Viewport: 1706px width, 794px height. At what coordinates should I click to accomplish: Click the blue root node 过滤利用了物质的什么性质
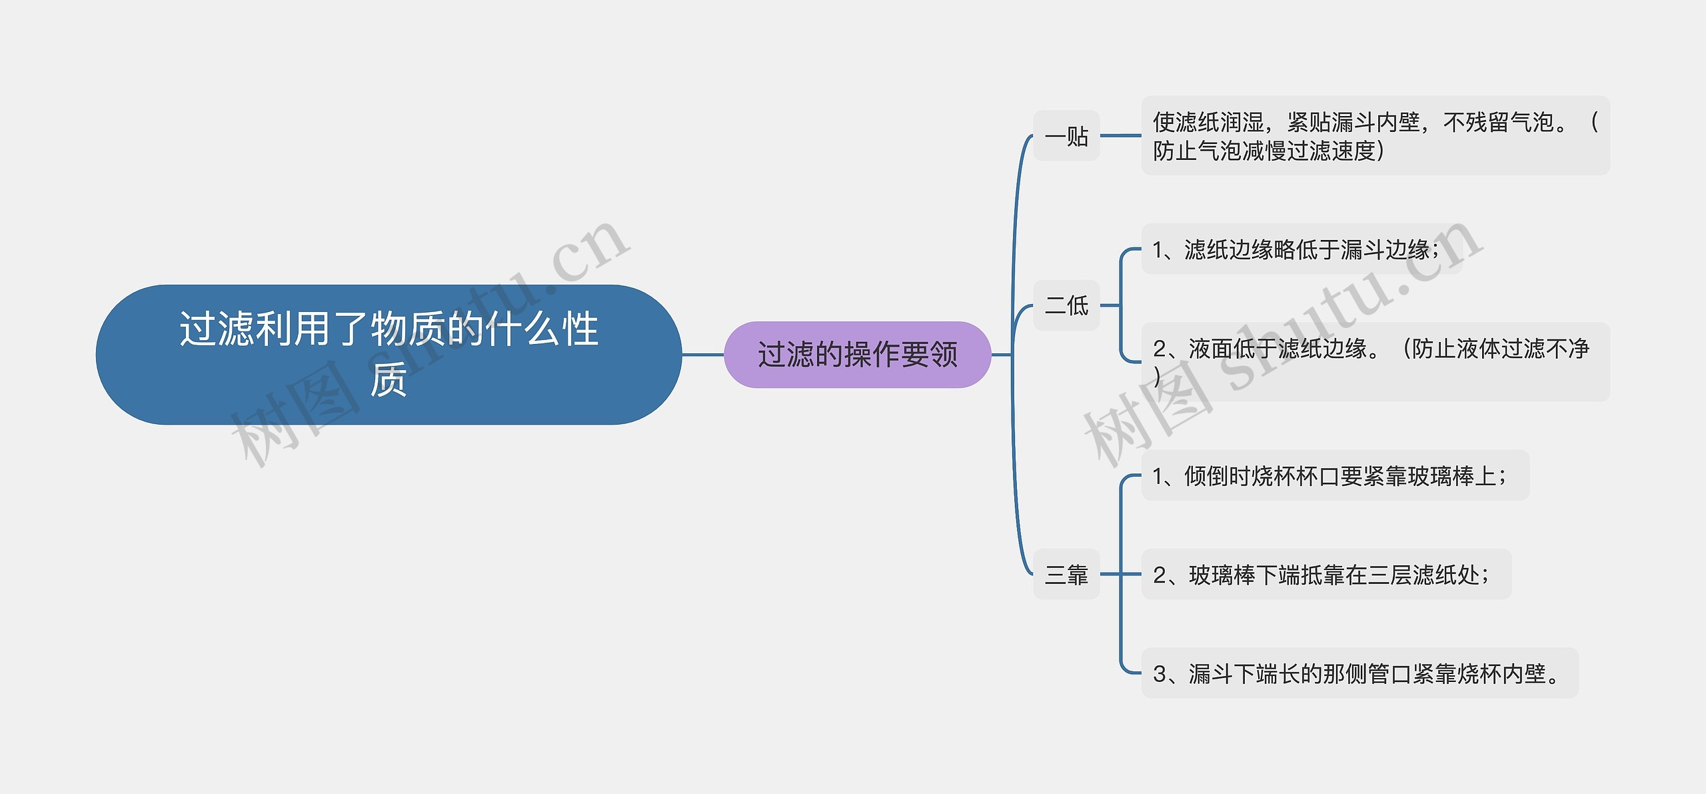click(389, 354)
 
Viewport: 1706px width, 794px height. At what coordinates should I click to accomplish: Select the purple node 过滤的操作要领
click(857, 355)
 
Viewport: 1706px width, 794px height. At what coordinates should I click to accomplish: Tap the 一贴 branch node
click(1066, 136)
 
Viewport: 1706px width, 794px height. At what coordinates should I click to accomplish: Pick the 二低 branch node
click(1066, 305)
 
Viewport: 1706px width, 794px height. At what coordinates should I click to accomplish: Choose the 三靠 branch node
click(1066, 574)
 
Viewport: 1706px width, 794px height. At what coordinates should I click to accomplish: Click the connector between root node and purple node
click(702, 355)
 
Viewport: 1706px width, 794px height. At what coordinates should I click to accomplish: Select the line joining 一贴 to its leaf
click(1120, 136)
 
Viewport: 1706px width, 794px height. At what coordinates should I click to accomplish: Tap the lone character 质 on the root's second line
click(389, 380)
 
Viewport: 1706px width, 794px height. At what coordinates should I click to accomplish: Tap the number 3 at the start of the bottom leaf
click(1160, 674)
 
